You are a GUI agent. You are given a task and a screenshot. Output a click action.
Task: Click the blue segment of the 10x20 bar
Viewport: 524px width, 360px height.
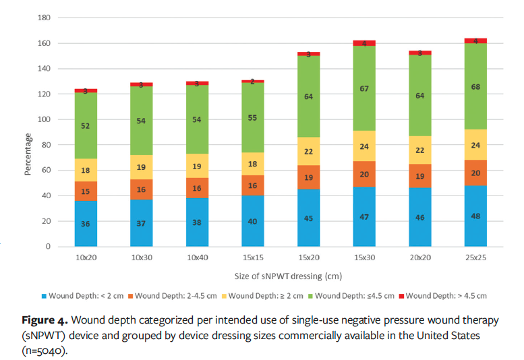click(x=86, y=223)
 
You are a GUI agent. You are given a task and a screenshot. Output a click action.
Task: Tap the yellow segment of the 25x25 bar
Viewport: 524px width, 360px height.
click(x=475, y=145)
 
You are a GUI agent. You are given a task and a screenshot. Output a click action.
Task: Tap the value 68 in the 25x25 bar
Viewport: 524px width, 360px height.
click(x=475, y=86)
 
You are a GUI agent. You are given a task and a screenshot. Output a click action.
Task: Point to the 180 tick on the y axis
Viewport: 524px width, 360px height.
click(x=45, y=18)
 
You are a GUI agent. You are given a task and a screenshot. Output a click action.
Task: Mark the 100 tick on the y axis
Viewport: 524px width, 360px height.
click(x=45, y=120)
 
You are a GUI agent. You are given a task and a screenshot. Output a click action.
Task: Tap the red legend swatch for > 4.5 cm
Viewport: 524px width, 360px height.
click(x=401, y=295)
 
